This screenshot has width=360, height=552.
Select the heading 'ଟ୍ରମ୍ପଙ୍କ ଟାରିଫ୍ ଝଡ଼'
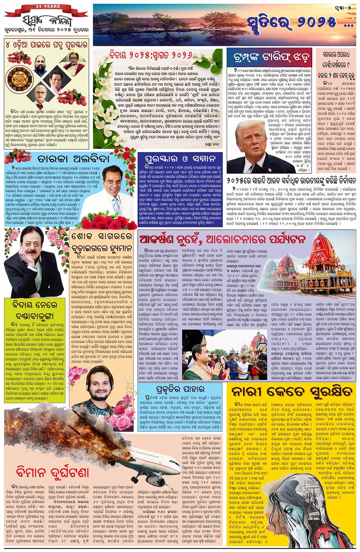(269, 57)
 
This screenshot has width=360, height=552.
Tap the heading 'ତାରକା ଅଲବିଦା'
(68, 158)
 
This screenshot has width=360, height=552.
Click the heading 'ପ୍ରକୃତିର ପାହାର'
(182, 389)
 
